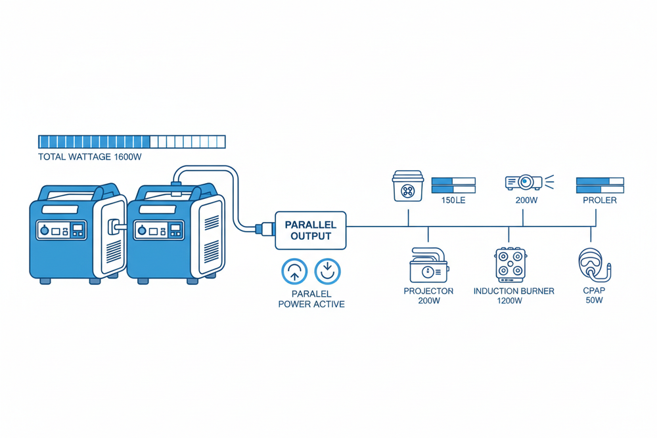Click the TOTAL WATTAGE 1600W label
pyautogui.click(x=90, y=158)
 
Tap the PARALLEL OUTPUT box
pyautogui.click(x=311, y=230)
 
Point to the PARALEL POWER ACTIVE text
pyautogui.click(x=311, y=299)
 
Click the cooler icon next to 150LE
pyautogui.click(x=407, y=186)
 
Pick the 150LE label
pyautogui.click(x=453, y=200)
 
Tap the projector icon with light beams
pyautogui.click(x=524, y=181)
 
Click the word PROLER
pyautogui.click(x=599, y=200)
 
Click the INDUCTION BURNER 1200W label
pyautogui.click(x=513, y=296)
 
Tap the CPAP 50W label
pyautogui.click(x=593, y=296)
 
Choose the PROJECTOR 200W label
pyautogui.click(x=428, y=296)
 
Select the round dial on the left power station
pyautogui.click(x=44, y=231)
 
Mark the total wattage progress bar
pyautogui.click(x=131, y=141)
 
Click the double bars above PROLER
pyautogui.click(x=599, y=185)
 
